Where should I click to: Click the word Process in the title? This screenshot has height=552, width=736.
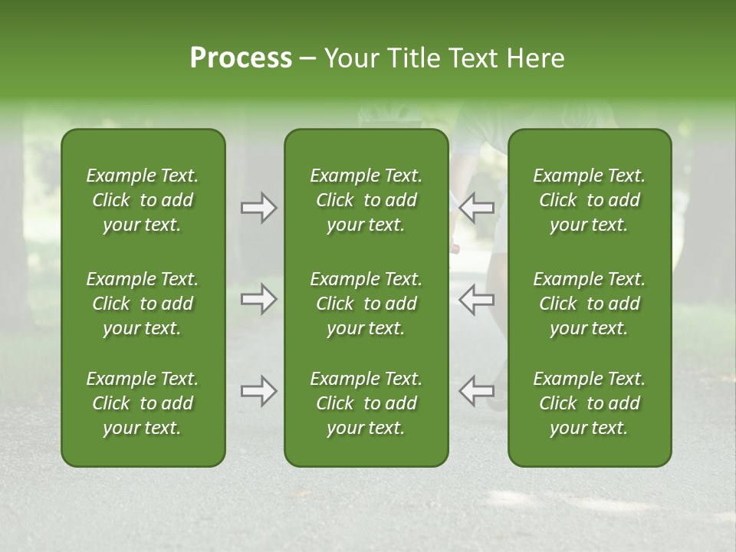241,58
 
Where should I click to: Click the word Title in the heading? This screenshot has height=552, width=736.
410,58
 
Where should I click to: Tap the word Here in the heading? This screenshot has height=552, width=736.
536,58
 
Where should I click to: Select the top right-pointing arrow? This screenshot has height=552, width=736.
258,207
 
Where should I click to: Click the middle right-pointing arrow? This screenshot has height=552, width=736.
258,299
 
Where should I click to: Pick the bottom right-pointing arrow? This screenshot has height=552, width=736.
258,392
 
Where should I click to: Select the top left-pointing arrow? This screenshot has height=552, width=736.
476,207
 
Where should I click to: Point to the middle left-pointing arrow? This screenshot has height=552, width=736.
476,299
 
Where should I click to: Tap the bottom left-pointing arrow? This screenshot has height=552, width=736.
476,392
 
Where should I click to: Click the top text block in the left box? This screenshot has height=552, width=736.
143,200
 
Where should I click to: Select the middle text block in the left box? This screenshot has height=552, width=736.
143,304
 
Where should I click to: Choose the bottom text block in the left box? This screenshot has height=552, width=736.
143,403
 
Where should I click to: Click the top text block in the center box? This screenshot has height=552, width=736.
366,200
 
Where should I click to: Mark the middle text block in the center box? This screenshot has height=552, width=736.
366,304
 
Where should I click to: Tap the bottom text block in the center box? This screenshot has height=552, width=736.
366,403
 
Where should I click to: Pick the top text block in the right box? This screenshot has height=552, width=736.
589,200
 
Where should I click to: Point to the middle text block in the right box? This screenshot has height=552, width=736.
589,304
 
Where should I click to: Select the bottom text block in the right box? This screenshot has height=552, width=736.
589,403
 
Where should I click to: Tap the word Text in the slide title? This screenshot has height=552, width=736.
472,58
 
